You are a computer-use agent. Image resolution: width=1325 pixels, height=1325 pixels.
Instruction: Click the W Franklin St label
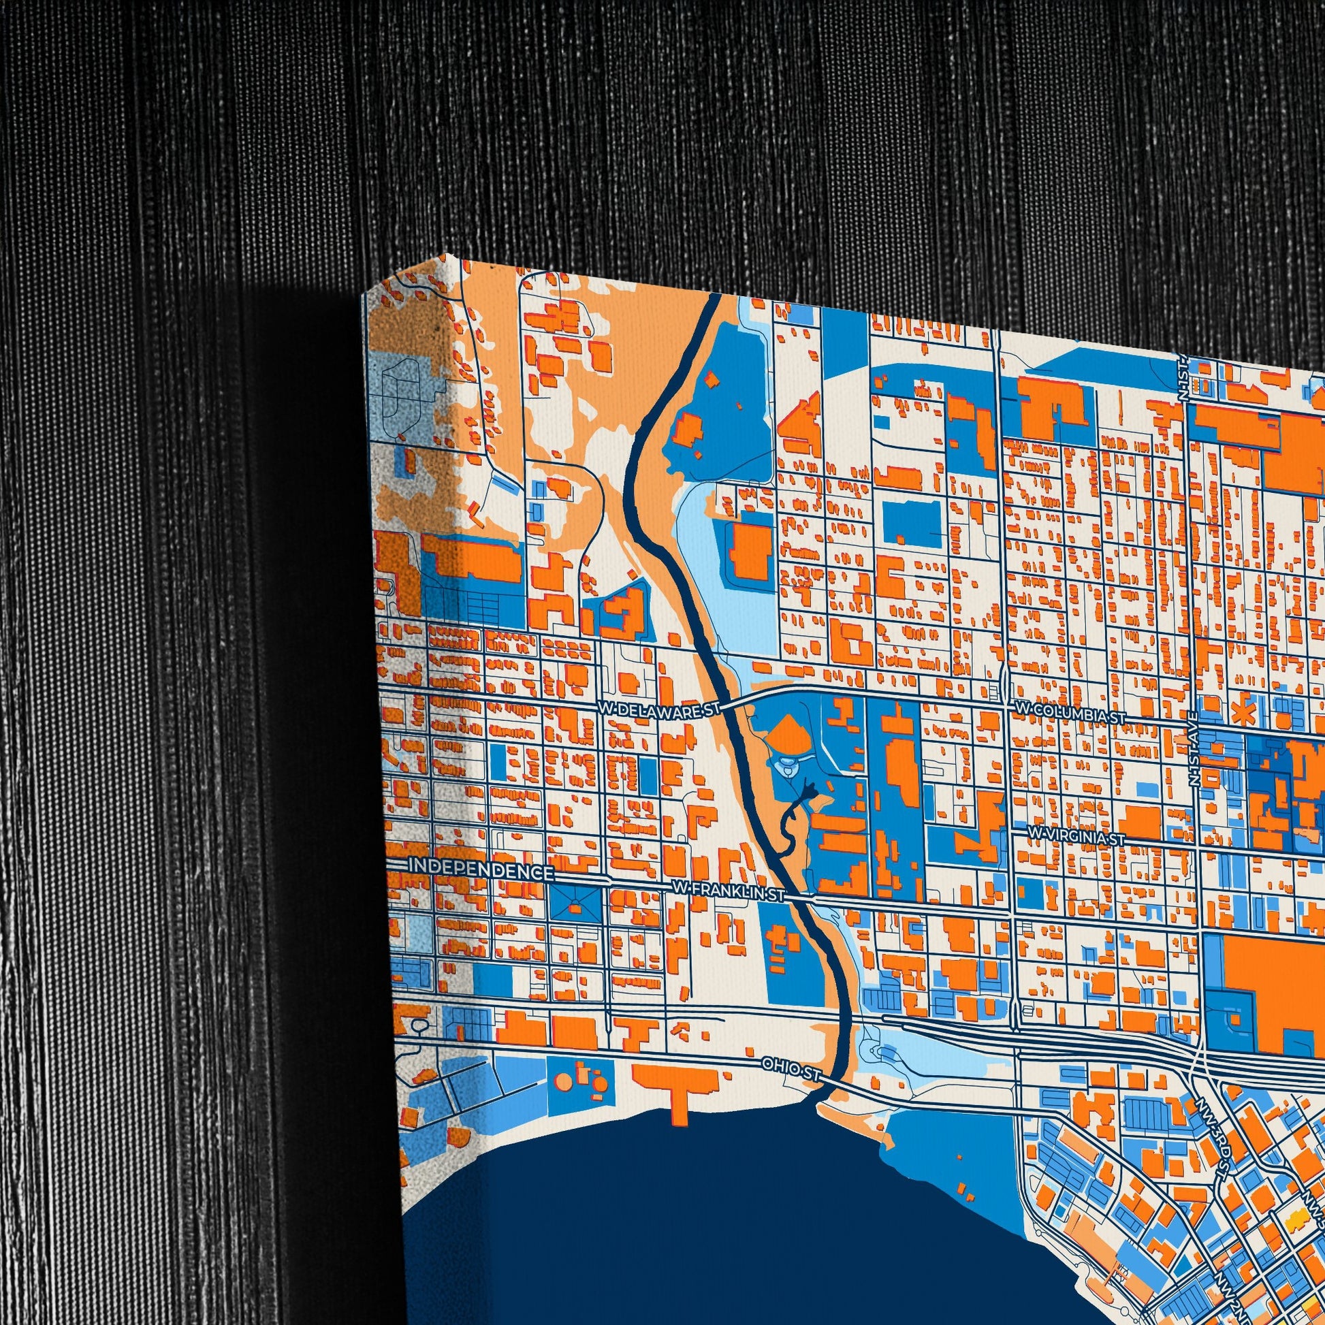click(x=728, y=891)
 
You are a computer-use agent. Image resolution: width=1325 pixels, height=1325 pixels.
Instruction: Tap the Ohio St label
click(x=790, y=1070)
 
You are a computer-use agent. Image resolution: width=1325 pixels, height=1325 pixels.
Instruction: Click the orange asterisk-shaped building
click(x=1240, y=714)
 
